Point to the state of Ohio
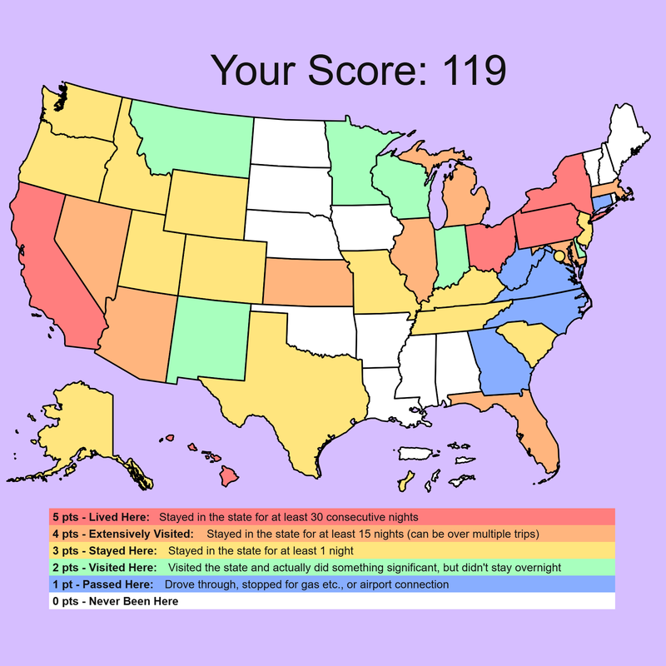(489, 246)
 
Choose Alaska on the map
(79, 425)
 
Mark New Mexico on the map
(208, 333)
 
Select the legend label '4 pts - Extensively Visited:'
(122, 534)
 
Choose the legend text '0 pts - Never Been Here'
(114, 601)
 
